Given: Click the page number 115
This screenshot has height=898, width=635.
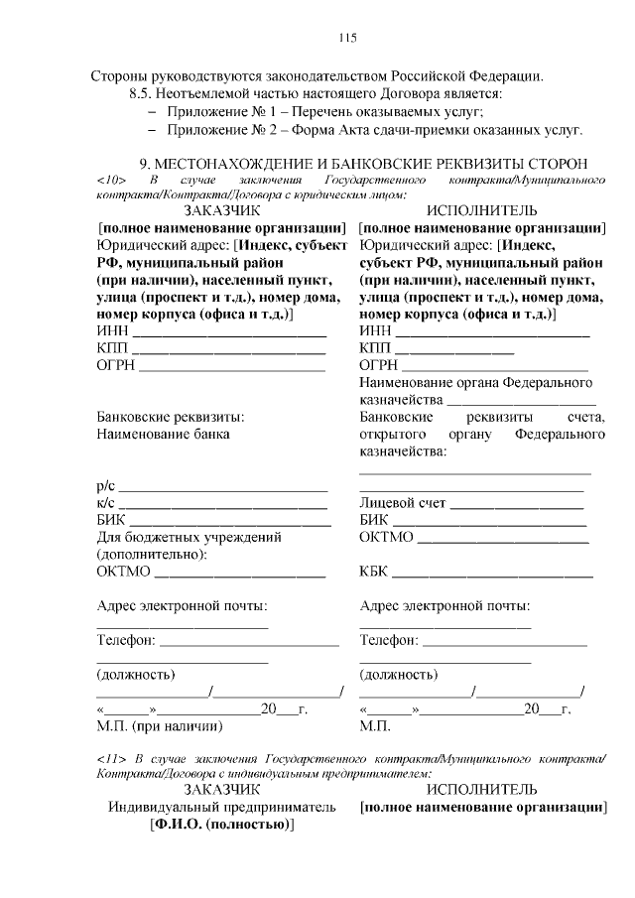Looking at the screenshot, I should pos(347,38).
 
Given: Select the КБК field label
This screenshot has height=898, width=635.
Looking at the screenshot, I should pos(375,572).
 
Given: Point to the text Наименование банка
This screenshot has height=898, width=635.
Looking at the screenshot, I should pos(163,435).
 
